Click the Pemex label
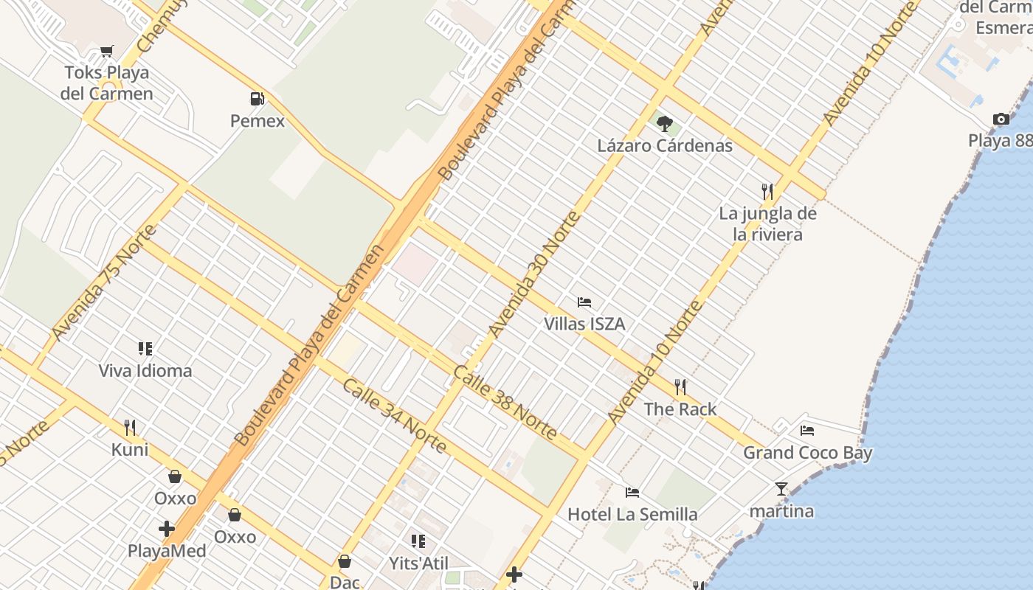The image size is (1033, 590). point(258,121)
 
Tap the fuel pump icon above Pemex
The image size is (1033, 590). point(257,98)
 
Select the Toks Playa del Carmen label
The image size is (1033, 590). point(107,83)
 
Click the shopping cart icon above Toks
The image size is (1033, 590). point(107,52)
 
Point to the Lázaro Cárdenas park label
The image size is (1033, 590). point(665,145)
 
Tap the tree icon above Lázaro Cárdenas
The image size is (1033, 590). point(665,122)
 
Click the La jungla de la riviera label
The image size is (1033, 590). point(767,224)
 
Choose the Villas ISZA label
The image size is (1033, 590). point(584,324)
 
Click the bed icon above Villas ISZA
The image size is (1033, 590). point(584,302)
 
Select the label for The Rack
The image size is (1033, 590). point(680,409)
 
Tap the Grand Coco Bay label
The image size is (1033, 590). point(807,453)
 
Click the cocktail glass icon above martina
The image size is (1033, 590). point(781,488)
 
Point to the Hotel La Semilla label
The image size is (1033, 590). point(632,514)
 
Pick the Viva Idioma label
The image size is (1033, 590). point(145,370)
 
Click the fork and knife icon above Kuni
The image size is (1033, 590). point(130,427)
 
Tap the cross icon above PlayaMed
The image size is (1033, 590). point(167,528)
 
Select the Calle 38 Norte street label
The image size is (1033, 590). point(505,403)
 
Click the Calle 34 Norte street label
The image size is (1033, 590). point(394,416)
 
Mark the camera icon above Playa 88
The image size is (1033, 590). point(1001,119)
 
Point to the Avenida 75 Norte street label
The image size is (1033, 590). point(104,282)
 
